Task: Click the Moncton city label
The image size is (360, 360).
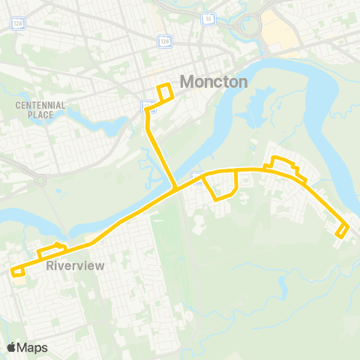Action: (x=214, y=82)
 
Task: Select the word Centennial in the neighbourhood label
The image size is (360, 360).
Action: (x=40, y=105)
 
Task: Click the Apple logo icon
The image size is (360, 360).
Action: (x=11, y=347)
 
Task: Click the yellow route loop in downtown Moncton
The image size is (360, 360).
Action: (x=164, y=92)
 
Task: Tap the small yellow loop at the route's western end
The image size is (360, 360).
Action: (x=18, y=271)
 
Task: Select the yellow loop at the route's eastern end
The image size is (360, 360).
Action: (x=342, y=230)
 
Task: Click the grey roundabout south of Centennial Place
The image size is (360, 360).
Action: (x=40, y=181)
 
